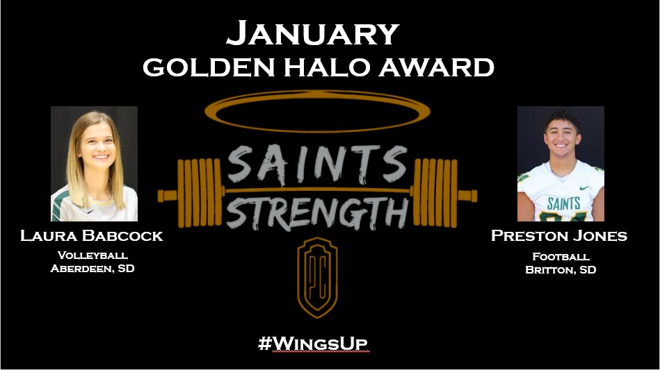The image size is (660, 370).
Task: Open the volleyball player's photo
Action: (x=95, y=164)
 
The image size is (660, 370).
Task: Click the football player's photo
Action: (x=561, y=164)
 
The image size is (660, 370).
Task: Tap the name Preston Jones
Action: (x=559, y=236)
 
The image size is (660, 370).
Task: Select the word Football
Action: (x=560, y=255)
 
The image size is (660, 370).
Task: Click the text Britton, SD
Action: (x=560, y=269)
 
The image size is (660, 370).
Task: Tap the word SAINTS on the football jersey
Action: (x=563, y=203)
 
